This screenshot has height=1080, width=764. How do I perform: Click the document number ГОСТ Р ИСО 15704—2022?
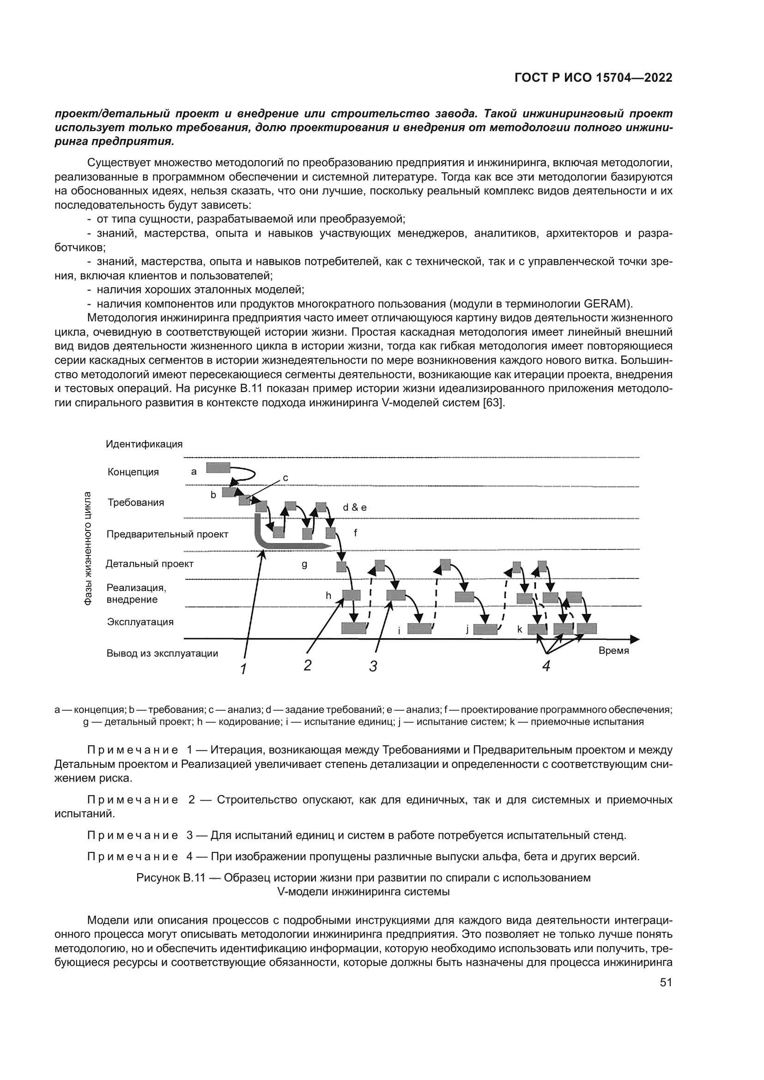[593, 78]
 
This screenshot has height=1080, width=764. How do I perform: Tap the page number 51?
[666, 983]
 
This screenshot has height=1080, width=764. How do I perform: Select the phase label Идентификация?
[144, 444]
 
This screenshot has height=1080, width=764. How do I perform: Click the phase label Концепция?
[133, 472]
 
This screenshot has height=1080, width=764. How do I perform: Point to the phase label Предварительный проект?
[167, 534]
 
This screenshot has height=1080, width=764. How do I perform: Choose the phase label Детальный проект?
[150, 563]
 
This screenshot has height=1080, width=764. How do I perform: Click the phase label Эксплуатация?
[140, 622]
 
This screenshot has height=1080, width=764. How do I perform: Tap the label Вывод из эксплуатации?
[162, 653]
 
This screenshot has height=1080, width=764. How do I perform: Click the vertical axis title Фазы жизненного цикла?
[87, 548]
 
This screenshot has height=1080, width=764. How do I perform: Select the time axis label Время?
[613, 651]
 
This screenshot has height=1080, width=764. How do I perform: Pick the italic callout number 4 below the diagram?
[546, 666]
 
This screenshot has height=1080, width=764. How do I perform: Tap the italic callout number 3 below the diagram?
[373, 666]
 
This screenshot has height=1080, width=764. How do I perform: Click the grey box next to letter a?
[218, 468]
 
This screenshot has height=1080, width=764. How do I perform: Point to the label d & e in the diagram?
[355, 507]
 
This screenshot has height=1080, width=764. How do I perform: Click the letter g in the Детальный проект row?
[304, 564]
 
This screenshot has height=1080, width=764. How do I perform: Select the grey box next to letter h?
[352, 595]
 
